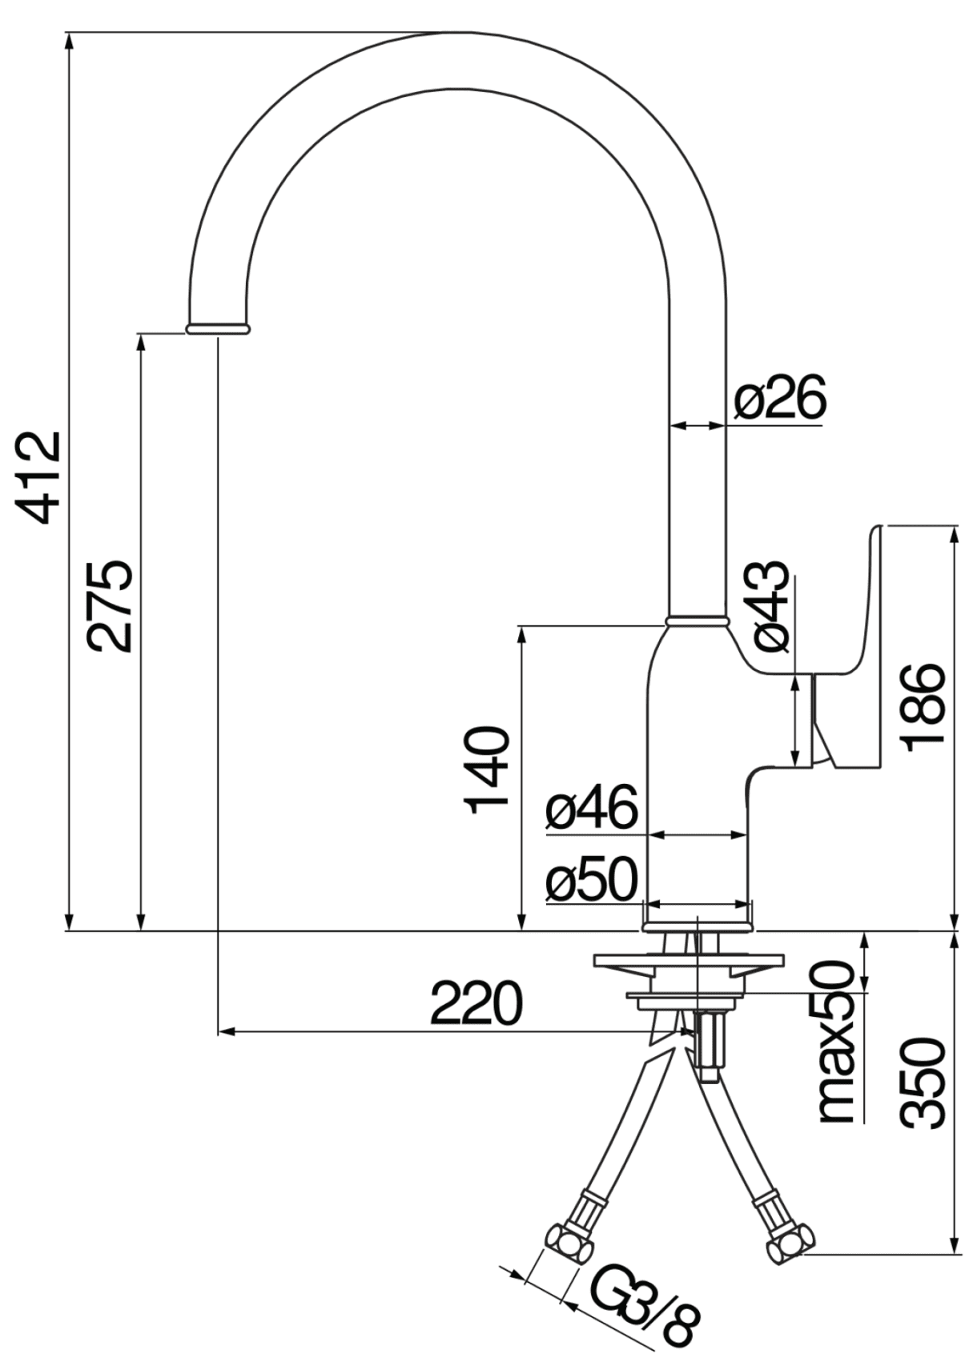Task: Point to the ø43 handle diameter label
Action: point(771,605)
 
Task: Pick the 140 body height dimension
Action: point(488,769)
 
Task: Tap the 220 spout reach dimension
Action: point(476,1003)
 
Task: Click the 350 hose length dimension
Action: point(923,1083)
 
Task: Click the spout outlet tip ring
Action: point(218,328)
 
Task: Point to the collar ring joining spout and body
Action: point(697,620)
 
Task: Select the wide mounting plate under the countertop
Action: point(689,959)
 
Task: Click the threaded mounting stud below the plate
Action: point(710,1045)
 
